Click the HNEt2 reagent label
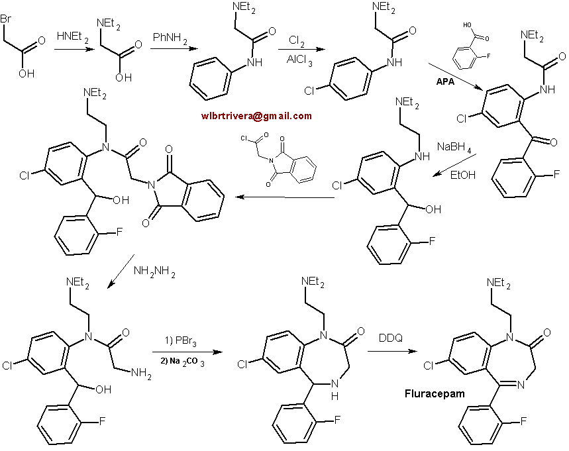tap(72, 39)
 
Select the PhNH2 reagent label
tap(170, 32)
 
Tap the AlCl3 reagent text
tap(296, 59)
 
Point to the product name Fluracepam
tap(434, 393)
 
